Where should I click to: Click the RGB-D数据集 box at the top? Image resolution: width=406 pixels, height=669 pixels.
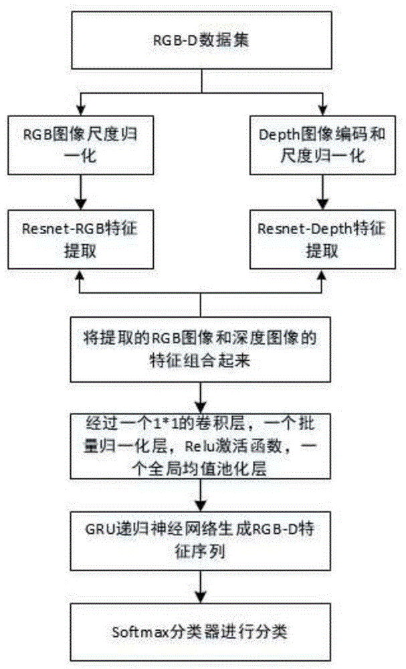tap(201, 40)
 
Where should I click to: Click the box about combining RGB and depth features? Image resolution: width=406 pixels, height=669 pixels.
tap(201, 348)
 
